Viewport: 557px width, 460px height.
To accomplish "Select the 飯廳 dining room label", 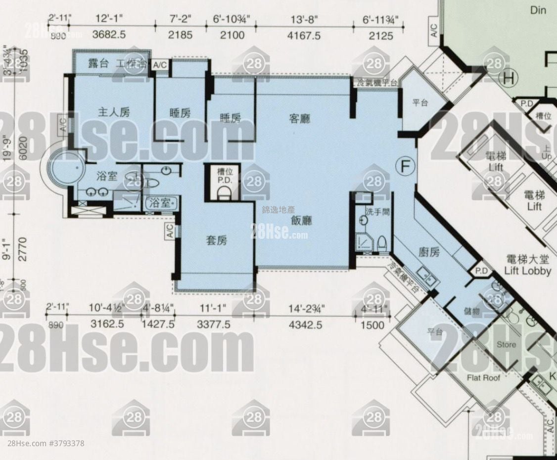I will click(302, 220).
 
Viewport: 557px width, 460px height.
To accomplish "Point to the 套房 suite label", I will click(216, 241).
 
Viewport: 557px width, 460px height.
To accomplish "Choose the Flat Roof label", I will click(483, 378).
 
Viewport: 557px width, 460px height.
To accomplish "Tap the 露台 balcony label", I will click(98, 63).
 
